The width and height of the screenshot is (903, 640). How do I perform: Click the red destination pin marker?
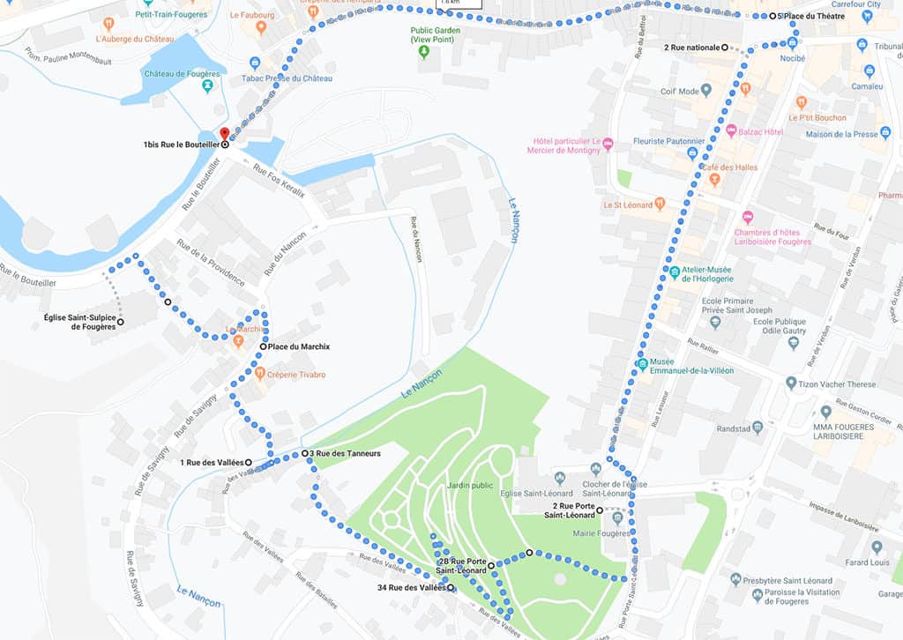pyautogui.click(x=224, y=134)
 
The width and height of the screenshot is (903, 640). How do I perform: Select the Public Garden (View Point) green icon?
pyautogui.click(x=423, y=52)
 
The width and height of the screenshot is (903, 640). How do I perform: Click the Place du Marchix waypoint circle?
pyautogui.click(x=263, y=346)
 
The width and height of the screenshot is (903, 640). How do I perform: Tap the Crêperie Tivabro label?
pyautogui.click(x=296, y=375)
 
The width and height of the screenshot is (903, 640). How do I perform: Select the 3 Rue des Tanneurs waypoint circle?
pyautogui.click(x=304, y=453)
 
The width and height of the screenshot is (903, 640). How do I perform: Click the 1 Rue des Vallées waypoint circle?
pyautogui.click(x=248, y=462)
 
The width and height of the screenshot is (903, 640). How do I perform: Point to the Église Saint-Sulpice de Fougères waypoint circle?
pyautogui.click(x=120, y=322)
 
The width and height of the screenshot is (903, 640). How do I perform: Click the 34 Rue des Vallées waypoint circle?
pyautogui.click(x=451, y=587)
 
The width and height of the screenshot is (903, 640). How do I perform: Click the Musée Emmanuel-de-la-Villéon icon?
pyautogui.click(x=642, y=363)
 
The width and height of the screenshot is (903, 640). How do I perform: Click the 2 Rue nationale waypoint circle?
pyautogui.click(x=725, y=47)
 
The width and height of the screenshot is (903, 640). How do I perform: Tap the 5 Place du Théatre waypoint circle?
pyautogui.click(x=772, y=16)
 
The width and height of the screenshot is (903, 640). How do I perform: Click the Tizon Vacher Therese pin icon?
pyautogui.click(x=791, y=383)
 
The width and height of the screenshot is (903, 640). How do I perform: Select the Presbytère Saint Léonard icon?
pyautogui.click(x=735, y=579)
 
